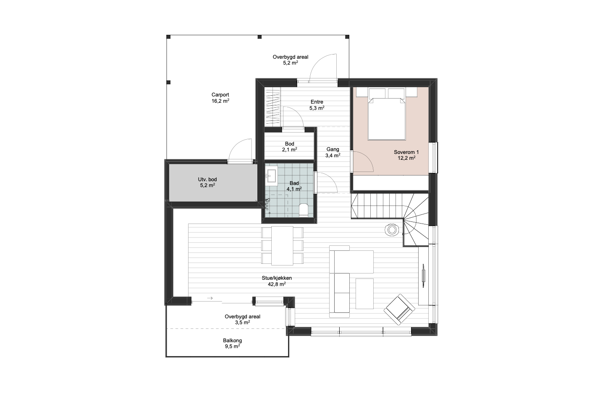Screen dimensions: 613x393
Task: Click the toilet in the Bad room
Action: click(x=304, y=210)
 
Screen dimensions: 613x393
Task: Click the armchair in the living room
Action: click(x=399, y=310)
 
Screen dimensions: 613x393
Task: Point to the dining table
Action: click(x=282, y=245)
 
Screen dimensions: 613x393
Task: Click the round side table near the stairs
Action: click(x=392, y=230)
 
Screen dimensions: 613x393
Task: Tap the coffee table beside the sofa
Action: click(x=364, y=294)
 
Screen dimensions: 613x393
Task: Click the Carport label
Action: click(x=220, y=95)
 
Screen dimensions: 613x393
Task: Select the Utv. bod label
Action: click(x=207, y=180)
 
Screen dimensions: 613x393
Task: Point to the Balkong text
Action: click(x=232, y=341)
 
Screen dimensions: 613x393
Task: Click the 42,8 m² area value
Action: click(x=277, y=284)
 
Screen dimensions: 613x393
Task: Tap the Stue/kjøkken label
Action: click(x=277, y=278)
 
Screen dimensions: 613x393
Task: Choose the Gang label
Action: click(x=333, y=149)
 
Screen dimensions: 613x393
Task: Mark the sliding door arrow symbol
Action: click(x=210, y=298)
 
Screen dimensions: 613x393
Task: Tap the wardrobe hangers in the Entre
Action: click(x=273, y=107)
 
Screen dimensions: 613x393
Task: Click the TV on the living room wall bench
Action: click(x=423, y=276)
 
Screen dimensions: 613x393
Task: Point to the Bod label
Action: click(x=290, y=144)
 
